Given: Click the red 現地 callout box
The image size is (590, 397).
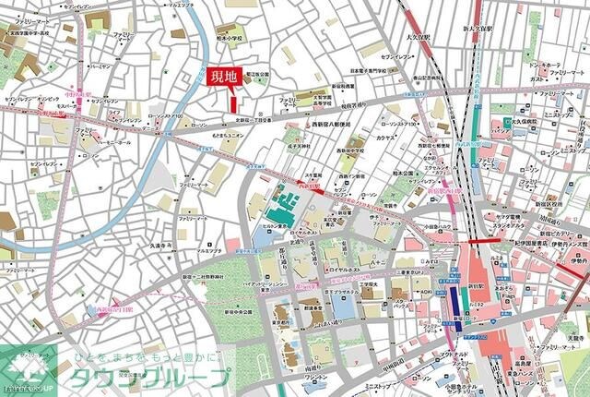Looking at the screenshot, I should (x=223, y=78).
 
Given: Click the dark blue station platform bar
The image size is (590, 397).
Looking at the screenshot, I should (x=455, y=303).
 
